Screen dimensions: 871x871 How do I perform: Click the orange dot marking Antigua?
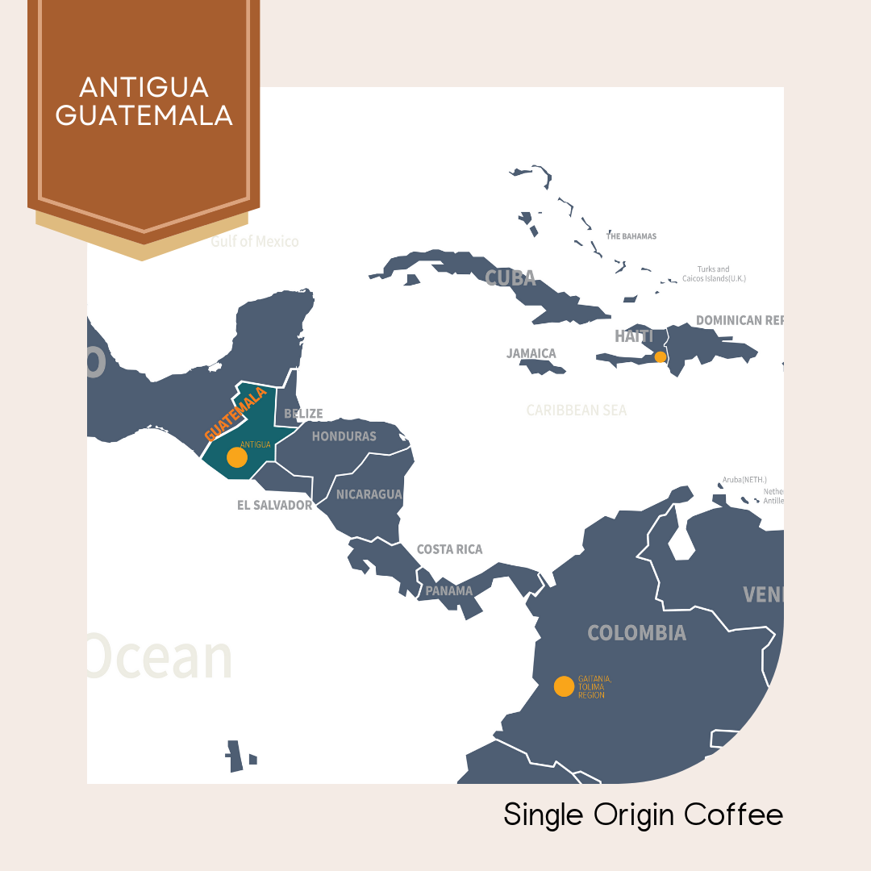pos(237,457)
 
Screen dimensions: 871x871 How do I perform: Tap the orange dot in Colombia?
pos(565,686)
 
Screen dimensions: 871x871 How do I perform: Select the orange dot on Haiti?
pos(661,356)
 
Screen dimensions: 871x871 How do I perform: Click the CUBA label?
pos(511,278)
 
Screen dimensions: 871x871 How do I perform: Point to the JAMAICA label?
pos(531,353)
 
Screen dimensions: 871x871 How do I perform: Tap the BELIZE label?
pos(303,414)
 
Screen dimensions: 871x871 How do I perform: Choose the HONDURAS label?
pos(344,436)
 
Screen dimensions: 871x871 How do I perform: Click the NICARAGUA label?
pos(369,494)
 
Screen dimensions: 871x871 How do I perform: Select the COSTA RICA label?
pos(449,549)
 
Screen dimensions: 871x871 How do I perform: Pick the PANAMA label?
pos(449,591)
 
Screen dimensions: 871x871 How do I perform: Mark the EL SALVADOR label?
pos(274,505)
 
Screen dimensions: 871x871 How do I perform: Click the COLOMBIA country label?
pos(636,633)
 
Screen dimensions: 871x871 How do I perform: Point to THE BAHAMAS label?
pos(631,236)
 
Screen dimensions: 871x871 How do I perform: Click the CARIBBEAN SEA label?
pos(577,410)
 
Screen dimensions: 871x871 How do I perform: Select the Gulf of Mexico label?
pos(255,241)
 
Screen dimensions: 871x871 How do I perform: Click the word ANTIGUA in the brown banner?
pos(144,87)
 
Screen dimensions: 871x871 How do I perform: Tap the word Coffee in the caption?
pos(733,815)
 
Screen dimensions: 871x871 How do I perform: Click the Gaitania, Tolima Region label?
pos(594,686)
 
